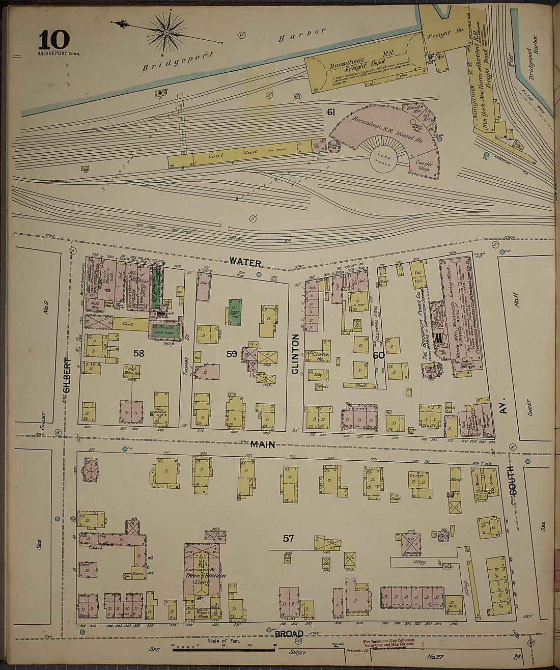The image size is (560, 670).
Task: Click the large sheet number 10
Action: [53, 40]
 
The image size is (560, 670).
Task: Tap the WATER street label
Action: [245, 262]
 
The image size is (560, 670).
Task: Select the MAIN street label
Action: [263, 444]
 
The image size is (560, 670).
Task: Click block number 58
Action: [138, 353]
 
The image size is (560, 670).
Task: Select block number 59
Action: [231, 354]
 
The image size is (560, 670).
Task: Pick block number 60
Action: [378, 355]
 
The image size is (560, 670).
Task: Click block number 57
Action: [288, 538]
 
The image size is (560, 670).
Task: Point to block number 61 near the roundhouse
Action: [331, 111]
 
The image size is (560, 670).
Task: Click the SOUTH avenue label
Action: [512, 481]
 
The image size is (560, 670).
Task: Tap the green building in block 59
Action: [235, 312]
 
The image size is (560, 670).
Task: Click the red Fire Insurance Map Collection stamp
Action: [388, 644]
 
